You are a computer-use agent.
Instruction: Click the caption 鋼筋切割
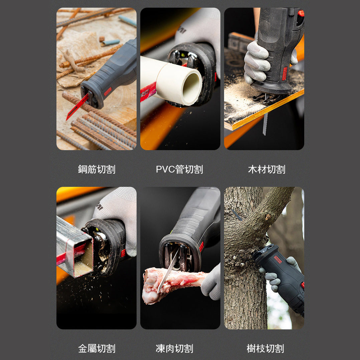pyautogui.click(x=97, y=169)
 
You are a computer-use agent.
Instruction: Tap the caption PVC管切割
pyautogui.click(x=179, y=169)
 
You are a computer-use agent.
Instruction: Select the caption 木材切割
pyautogui.click(x=266, y=169)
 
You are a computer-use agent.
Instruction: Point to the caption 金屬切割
pyautogui.click(x=97, y=349)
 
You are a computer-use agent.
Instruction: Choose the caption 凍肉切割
pyautogui.click(x=174, y=349)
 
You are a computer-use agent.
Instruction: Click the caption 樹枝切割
pyautogui.click(x=265, y=349)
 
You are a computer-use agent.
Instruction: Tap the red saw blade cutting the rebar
pyautogui.click(x=77, y=107)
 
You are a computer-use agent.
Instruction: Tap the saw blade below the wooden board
pyautogui.click(x=265, y=123)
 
